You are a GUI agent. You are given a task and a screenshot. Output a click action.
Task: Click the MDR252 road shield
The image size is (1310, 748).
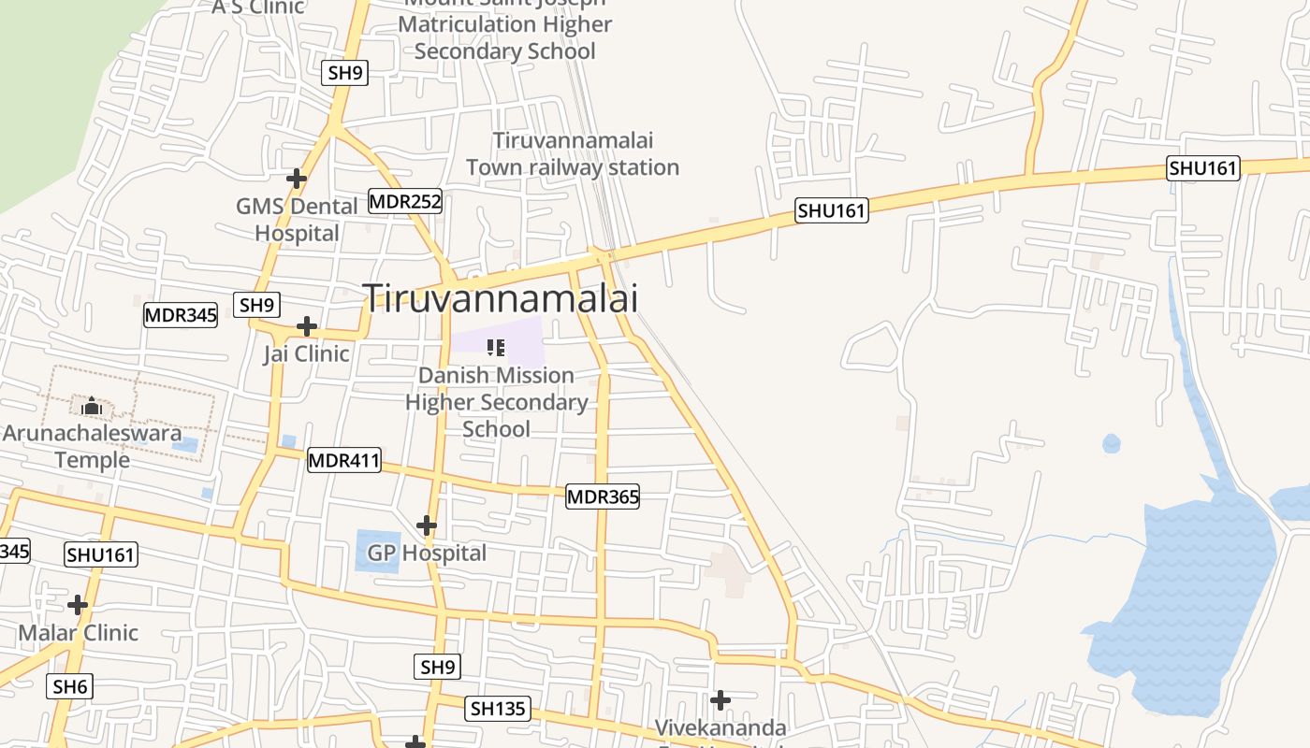404,201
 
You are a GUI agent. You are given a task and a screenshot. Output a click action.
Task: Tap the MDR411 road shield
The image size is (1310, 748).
344,460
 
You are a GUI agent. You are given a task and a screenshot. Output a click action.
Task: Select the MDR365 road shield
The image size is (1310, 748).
603,497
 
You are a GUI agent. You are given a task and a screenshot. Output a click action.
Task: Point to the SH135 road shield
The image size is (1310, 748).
497,709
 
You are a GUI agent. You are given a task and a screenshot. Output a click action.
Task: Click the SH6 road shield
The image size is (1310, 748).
69,687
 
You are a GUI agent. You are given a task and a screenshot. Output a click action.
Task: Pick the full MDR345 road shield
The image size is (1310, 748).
181,315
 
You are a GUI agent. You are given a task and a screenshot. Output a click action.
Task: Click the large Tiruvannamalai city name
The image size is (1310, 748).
501,298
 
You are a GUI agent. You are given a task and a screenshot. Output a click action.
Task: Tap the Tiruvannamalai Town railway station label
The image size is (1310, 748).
573,154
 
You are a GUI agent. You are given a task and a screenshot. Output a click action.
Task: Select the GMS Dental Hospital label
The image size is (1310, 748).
297,220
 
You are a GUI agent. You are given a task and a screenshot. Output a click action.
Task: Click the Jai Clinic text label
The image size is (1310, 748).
306,354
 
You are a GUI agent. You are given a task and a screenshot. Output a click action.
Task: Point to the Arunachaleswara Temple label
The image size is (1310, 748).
92,447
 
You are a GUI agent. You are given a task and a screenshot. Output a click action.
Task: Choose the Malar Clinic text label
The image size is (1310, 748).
79,633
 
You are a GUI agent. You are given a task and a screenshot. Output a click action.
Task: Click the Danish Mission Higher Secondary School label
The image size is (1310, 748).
497,402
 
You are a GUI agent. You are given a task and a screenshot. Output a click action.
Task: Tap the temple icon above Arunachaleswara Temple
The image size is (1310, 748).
92,407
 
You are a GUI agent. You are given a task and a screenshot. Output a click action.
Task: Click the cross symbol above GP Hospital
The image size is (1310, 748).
427,525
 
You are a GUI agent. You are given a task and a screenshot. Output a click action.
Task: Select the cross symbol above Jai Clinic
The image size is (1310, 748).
306,326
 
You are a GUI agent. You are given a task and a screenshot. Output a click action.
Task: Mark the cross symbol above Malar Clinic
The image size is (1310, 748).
78,605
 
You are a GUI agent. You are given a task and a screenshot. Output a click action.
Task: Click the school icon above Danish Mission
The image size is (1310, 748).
496,348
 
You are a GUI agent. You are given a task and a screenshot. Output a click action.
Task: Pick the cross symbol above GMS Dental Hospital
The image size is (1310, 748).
297,178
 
